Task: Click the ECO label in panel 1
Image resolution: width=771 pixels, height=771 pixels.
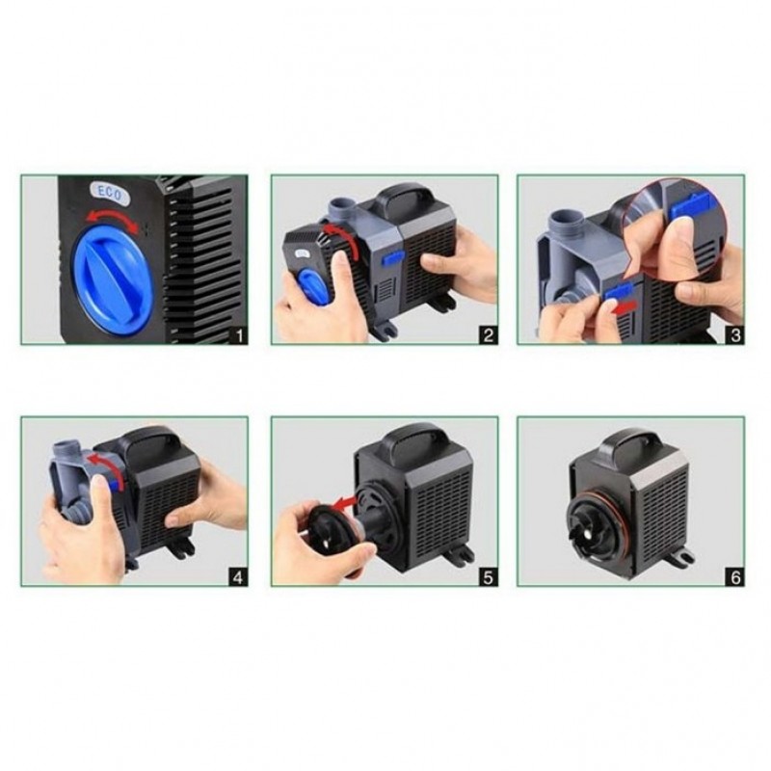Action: coord(110,194)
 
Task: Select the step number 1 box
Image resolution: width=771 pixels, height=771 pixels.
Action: coord(239,335)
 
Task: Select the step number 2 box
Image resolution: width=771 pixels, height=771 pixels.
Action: coord(489,335)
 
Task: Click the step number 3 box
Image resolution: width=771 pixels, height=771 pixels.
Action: coord(735,335)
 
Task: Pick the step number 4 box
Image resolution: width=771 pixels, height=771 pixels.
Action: coord(238,577)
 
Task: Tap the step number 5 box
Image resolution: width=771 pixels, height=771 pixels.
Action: coord(489,577)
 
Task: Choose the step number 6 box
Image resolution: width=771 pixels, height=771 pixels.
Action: coord(735,577)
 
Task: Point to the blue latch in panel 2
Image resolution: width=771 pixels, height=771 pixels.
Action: coord(392,256)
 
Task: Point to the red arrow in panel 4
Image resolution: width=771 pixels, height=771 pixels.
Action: coord(104,468)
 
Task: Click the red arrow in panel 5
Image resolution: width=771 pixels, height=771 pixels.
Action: coord(343,502)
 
